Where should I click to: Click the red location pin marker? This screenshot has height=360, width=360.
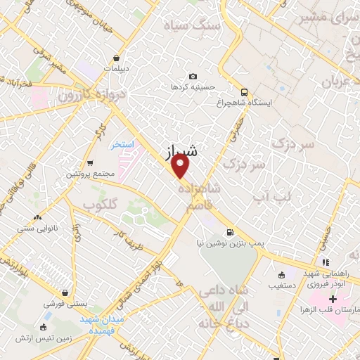pyautogui.click(x=181, y=166)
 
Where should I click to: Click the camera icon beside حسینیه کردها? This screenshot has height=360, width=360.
pyautogui.click(x=193, y=76)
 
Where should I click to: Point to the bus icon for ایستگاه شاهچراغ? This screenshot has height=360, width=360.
pyautogui.click(x=244, y=91)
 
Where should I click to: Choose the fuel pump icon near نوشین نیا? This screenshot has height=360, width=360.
pyautogui.click(x=229, y=233)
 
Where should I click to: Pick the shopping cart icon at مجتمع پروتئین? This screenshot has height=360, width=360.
pyautogui.click(x=90, y=162)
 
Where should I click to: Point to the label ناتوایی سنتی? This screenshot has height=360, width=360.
pyautogui.click(x=35, y=229)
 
